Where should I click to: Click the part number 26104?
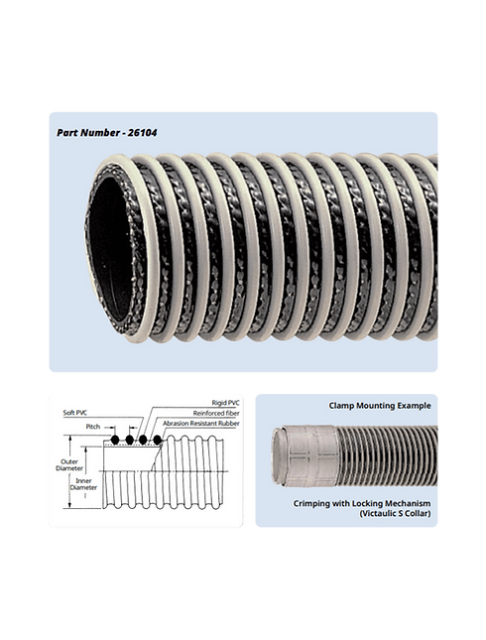142,133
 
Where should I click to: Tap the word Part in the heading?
66,133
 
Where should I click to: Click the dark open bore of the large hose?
109,250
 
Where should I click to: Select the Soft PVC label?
75,413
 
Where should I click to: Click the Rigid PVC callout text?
226,403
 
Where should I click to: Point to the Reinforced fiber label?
216,414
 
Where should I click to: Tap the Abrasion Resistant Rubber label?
201,424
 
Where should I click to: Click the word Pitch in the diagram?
93,427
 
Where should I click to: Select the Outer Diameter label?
69,465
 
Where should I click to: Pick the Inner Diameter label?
83,484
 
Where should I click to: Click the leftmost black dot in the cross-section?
115,440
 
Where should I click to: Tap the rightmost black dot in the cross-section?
157,440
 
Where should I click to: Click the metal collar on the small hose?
311,455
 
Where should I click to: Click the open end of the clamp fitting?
278,453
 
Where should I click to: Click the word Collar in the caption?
418,513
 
